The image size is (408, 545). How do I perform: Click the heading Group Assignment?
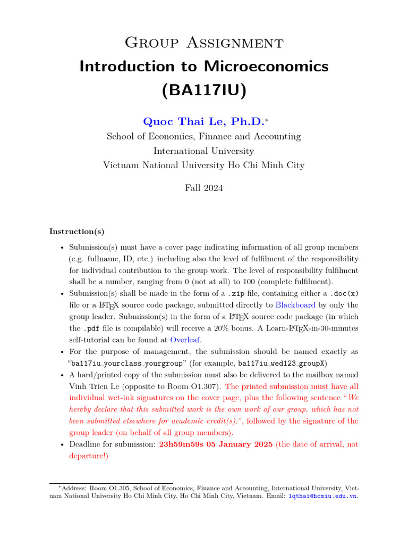click(x=203, y=42)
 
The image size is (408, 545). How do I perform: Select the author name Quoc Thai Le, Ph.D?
click(x=202, y=121)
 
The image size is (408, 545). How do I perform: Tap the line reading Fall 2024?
click(x=203, y=188)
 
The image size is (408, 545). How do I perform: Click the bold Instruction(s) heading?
click(x=77, y=232)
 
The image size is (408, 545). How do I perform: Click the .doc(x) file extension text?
click(x=344, y=293)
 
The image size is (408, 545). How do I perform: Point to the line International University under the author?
click(x=203, y=151)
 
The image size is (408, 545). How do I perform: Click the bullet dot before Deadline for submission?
click(x=62, y=445)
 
